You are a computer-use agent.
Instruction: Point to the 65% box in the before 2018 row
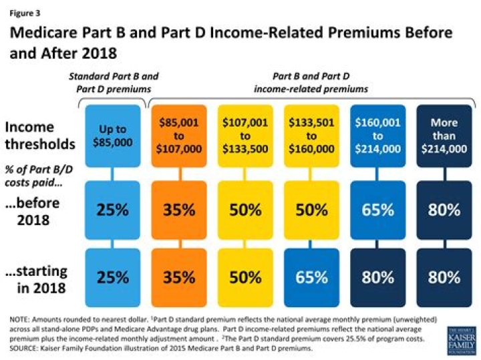coord(378,210)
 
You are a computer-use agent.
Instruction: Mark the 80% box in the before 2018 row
coord(444,210)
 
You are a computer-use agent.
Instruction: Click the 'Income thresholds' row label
coord(39,136)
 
